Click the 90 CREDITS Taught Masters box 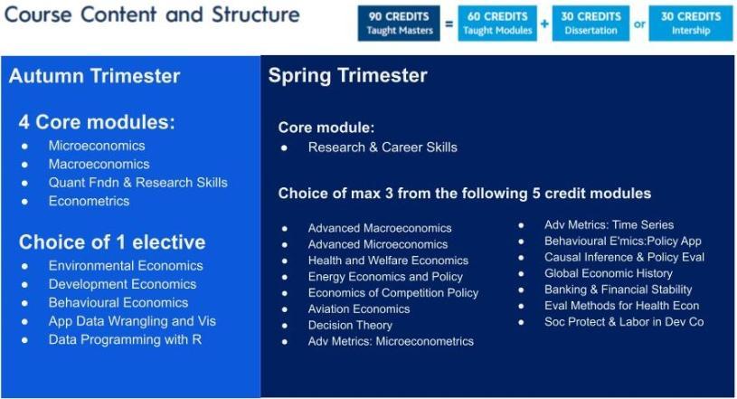click(x=399, y=24)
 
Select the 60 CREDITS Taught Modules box click(x=497, y=24)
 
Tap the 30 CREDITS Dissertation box click(x=591, y=24)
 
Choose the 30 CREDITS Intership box click(x=691, y=24)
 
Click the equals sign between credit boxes click(x=449, y=24)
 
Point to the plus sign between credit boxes click(x=544, y=24)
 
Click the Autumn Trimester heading click(x=94, y=76)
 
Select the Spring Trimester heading click(x=348, y=76)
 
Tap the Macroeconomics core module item click(x=99, y=164)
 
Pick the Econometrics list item click(x=89, y=202)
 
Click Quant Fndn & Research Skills click(x=137, y=183)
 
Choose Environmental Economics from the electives click(x=126, y=266)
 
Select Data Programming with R click(x=125, y=339)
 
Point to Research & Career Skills click(x=383, y=147)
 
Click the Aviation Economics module click(x=359, y=309)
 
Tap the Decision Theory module click(x=350, y=325)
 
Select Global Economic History click(x=609, y=273)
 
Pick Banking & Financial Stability click(x=618, y=290)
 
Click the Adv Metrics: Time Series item click(x=609, y=225)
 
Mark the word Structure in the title click(x=256, y=14)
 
